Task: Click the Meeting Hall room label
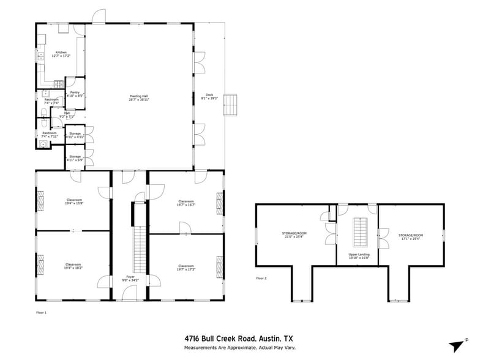(139, 97)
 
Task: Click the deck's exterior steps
(230, 105)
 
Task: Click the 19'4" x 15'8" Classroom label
(75, 201)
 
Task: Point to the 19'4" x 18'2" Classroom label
(75, 266)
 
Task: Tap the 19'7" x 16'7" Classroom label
(186, 203)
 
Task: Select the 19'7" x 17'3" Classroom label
(186, 268)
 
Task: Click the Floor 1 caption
(42, 312)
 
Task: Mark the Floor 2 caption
(261, 279)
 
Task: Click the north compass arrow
(456, 346)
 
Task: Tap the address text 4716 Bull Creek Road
(223, 337)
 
